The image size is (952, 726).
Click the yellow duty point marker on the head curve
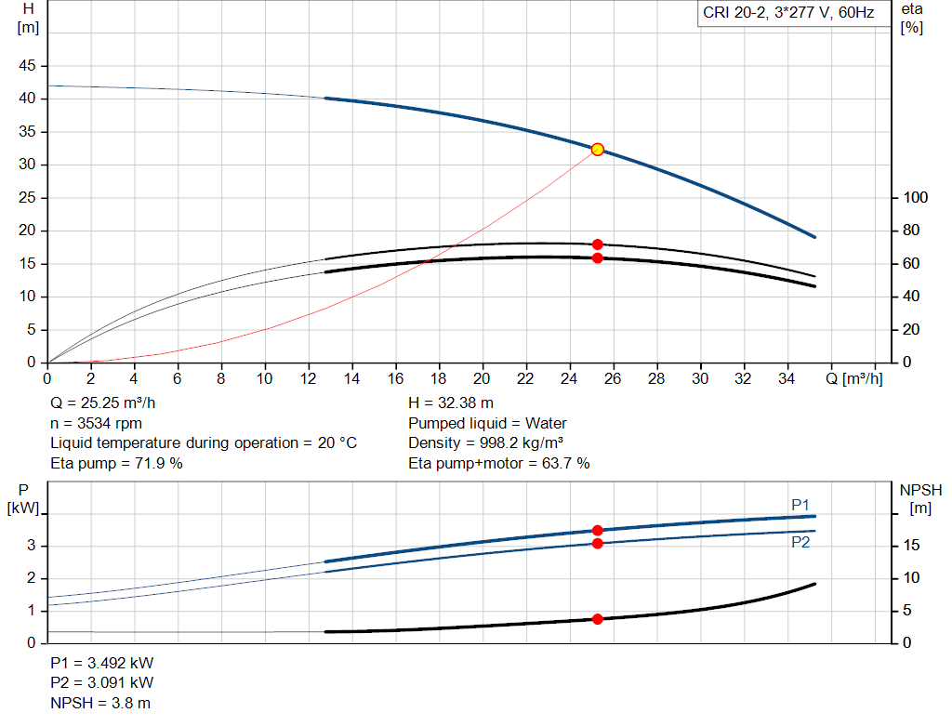coord(598,150)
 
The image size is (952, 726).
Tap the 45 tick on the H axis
coord(29,66)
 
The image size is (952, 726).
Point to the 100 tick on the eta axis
coord(916,198)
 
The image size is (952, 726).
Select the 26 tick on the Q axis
coord(613,379)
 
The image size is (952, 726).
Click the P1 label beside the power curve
coord(800,505)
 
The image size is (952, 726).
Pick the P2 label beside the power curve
coord(800,542)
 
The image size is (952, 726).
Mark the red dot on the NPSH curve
coord(598,619)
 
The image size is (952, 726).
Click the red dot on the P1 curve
coord(598,531)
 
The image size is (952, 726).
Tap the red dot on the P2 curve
coord(598,543)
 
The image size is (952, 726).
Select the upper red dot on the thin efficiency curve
coord(598,244)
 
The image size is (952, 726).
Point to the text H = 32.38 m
coord(452,403)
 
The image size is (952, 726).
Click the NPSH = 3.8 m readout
coord(100,703)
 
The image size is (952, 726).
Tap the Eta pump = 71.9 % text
coord(116,463)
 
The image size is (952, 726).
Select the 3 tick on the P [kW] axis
coord(31,546)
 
